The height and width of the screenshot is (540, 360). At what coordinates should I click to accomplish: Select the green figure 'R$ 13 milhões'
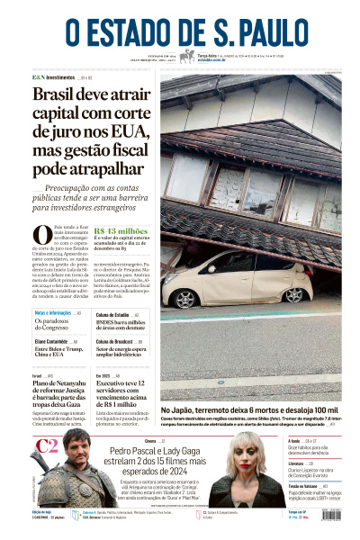[121, 230]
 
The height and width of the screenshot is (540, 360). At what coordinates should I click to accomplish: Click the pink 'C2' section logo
[47, 447]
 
